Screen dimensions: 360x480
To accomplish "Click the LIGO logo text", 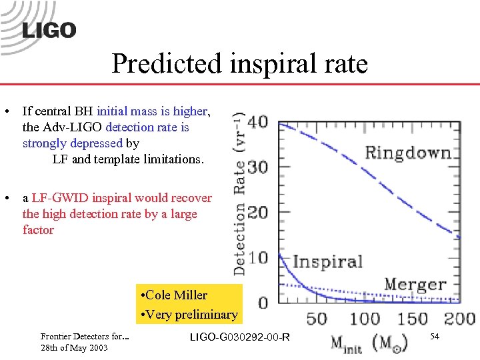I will tap(49, 31).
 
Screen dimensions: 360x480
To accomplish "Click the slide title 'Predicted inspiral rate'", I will tap(239, 64).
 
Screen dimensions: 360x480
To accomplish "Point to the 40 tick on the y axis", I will tap(258, 123).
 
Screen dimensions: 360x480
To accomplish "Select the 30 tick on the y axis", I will tap(258, 167).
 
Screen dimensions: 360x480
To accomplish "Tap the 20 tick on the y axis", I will tap(258, 213).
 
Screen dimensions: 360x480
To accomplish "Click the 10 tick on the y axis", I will tap(258, 257).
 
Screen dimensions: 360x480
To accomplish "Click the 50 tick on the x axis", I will tap(317, 318).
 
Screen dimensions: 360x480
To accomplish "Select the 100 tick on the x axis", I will tap(365, 318).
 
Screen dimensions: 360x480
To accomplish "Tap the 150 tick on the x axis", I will tap(412, 318).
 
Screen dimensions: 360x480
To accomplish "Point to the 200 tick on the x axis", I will tap(459, 318).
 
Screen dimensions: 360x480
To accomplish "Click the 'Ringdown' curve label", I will tap(407, 153).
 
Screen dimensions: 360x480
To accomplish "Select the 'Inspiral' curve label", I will tap(327, 261).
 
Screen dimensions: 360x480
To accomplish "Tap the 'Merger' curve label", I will tap(415, 284).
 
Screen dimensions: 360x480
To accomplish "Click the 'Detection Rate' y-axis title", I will tap(239, 193).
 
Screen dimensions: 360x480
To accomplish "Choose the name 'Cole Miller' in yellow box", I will tap(176, 295).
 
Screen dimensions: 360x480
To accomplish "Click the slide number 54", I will tap(434, 337).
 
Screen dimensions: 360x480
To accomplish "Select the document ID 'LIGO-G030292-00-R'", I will tap(240, 337).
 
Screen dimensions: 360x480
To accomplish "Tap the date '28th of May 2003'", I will tap(74, 349).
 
